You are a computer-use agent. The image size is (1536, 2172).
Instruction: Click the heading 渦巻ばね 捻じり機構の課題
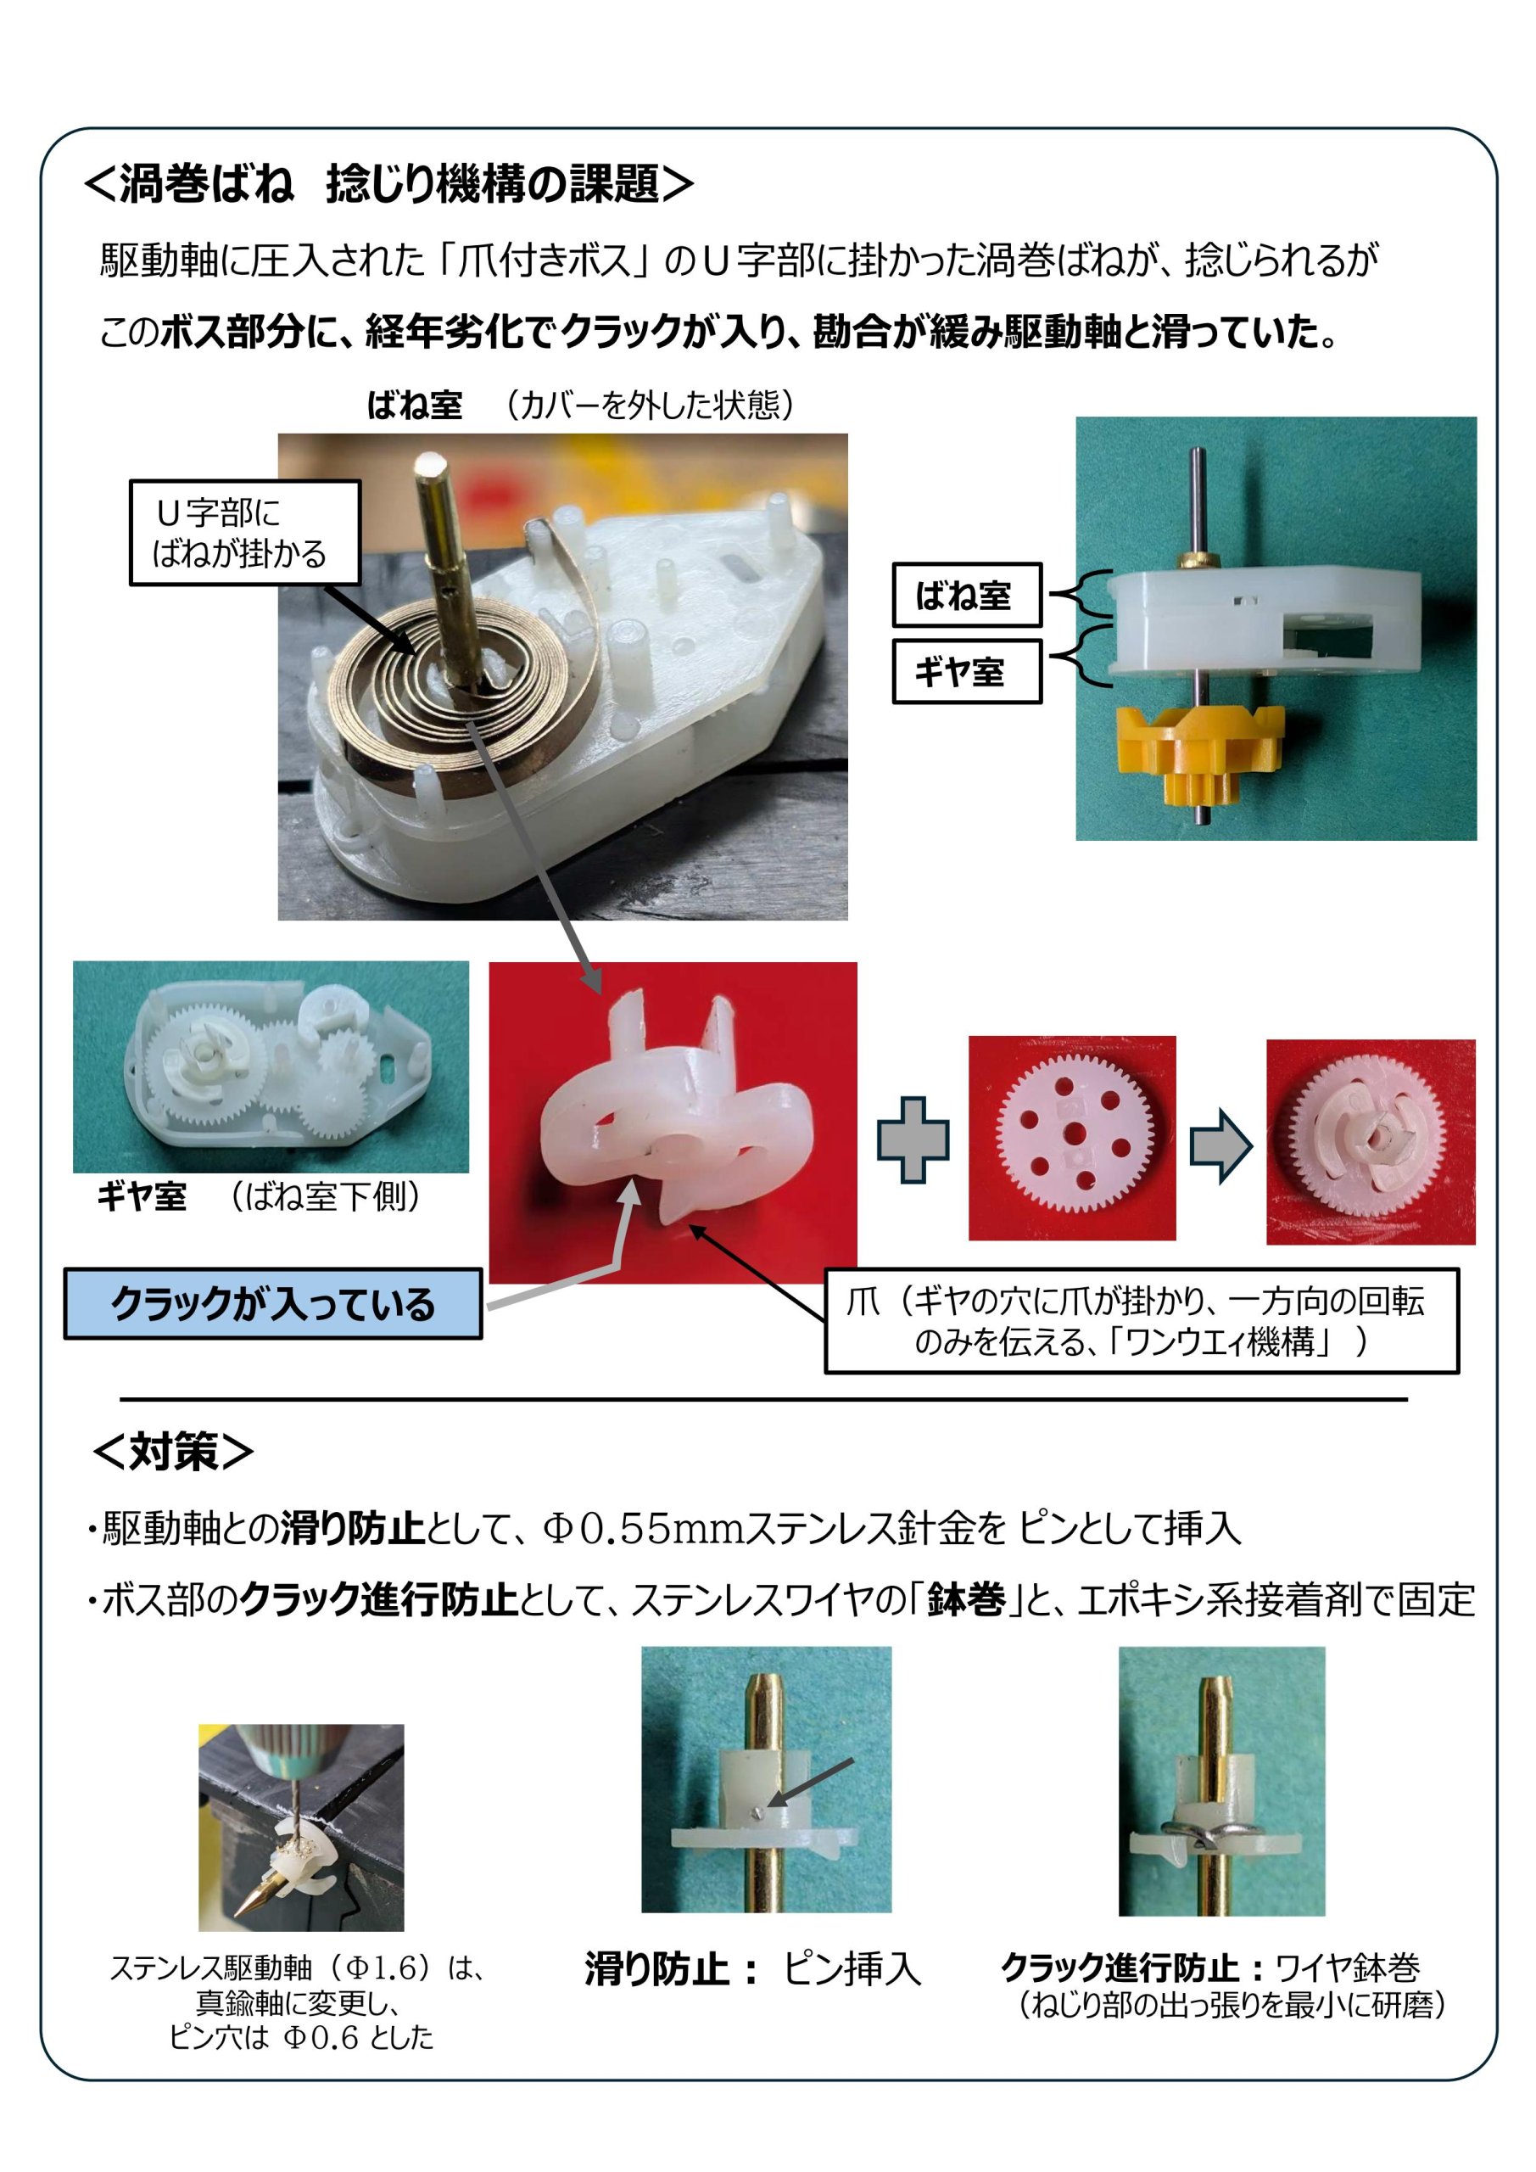[x=388, y=182]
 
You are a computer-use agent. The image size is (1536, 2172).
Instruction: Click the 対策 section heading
[x=173, y=1451]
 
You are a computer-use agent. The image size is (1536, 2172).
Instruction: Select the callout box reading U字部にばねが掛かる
[x=245, y=533]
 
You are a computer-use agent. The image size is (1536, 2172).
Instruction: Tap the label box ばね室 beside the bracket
[x=967, y=595]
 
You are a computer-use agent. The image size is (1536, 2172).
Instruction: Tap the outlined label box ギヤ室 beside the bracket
[x=967, y=672]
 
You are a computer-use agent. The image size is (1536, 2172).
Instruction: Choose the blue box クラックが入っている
[x=273, y=1303]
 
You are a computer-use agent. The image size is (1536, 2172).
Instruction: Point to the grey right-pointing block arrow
[x=1221, y=1145]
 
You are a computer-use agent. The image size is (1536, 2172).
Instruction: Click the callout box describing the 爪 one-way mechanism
[x=1142, y=1321]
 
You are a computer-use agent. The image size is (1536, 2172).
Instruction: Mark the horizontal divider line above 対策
[x=763, y=1399]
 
